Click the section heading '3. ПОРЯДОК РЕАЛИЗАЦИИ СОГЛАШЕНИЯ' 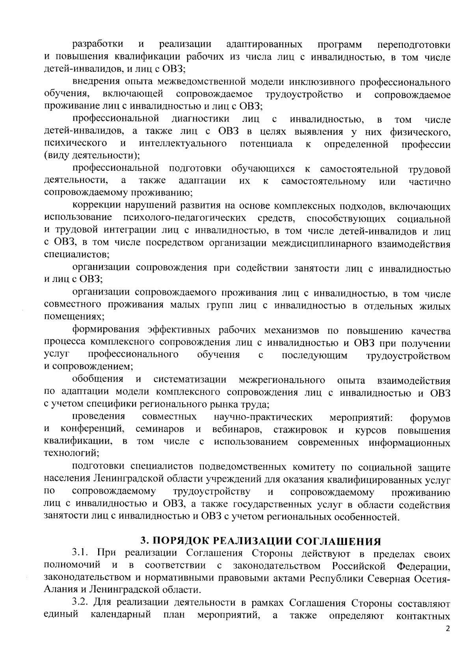click(261, 541)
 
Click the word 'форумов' click(430, 418)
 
